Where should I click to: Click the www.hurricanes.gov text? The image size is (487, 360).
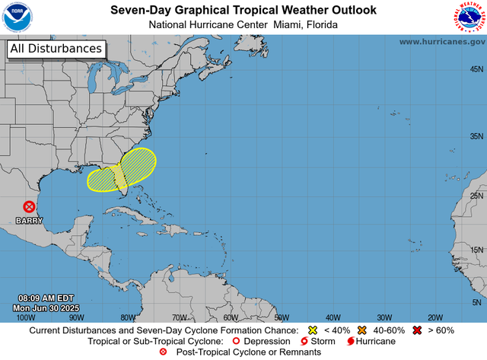click(441, 42)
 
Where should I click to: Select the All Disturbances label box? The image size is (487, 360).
click(56, 49)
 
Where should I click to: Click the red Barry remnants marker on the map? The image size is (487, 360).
click(28, 206)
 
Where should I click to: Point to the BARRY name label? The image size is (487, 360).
click(28, 220)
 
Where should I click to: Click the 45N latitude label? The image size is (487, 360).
click(477, 69)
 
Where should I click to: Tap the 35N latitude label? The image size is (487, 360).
click(477, 137)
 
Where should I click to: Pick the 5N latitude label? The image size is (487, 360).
click(479, 302)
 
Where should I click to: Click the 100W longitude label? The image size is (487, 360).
click(25, 317)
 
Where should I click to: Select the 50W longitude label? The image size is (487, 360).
click(282, 317)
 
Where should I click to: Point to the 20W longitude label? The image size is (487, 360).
click(435, 317)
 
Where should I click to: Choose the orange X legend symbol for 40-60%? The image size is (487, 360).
click(362, 331)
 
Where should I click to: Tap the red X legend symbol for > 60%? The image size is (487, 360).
click(417, 331)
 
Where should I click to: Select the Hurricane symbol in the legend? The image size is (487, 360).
click(349, 342)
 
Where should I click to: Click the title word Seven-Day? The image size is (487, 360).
click(140, 10)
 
